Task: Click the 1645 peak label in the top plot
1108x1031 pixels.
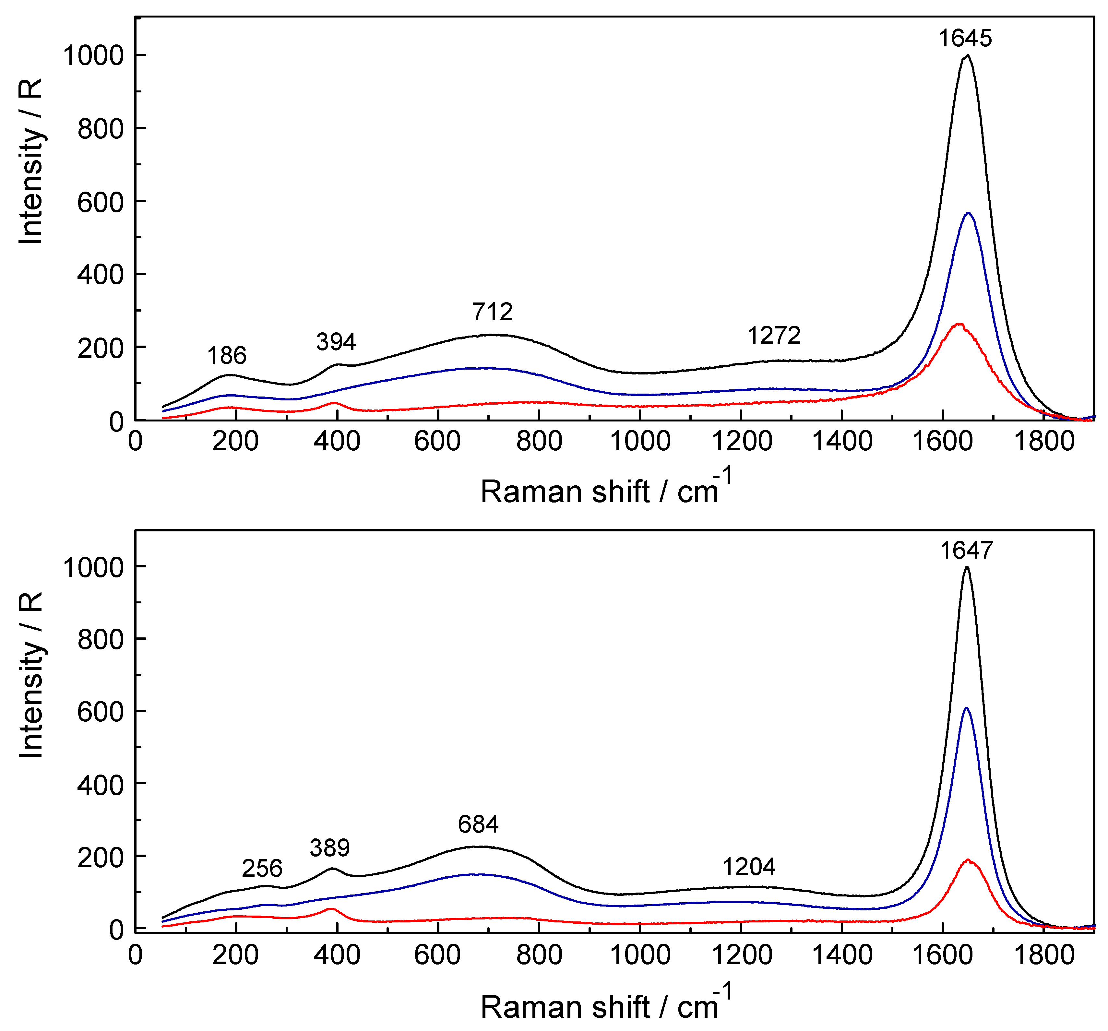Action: pos(965,38)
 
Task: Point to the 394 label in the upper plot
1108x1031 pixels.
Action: pos(336,342)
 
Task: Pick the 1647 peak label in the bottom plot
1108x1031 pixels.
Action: pos(966,550)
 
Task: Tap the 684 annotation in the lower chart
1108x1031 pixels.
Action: pos(478,824)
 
